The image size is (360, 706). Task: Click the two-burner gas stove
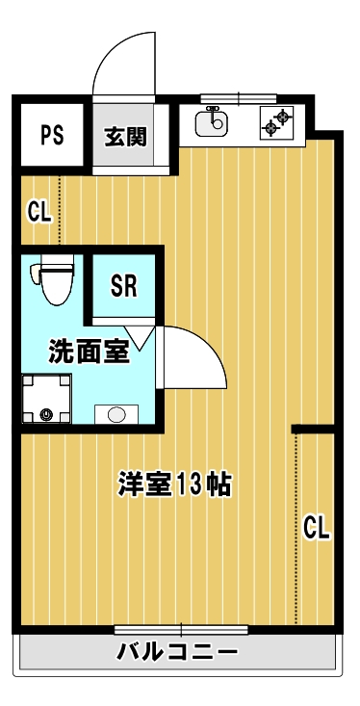tap(277, 122)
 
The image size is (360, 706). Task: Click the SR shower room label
tap(124, 285)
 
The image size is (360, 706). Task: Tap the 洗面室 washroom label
tap(90, 352)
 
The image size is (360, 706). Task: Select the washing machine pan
tap(47, 399)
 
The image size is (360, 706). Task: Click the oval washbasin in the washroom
tap(116, 414)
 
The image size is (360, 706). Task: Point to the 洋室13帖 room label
tap(174, 484)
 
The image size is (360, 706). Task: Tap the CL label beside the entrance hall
tap(39, 212)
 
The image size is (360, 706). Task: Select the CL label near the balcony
tap(318, 528)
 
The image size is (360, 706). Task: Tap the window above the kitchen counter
tap(239, 97)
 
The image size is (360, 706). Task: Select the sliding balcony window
tap(181, 630)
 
